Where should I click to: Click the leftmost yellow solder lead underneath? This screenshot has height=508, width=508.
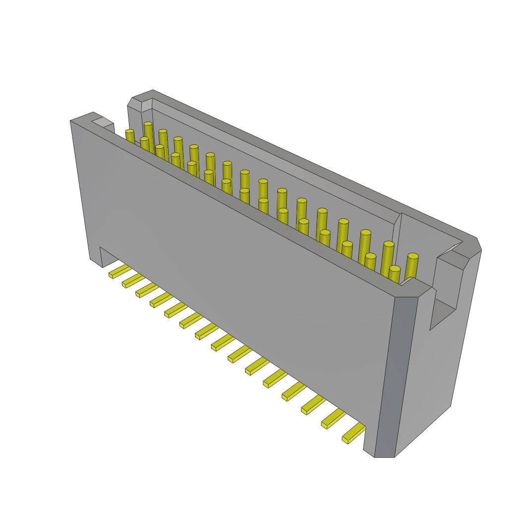tap(119, 271)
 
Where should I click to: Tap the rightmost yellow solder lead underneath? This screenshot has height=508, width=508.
tap(353, 433)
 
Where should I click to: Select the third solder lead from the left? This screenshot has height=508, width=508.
tap(147, 290)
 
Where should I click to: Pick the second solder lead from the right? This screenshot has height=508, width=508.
tap(333, 419)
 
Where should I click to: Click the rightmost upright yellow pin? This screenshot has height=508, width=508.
tap(412, 267)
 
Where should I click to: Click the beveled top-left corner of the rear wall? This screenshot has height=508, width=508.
tap(135, 102)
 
